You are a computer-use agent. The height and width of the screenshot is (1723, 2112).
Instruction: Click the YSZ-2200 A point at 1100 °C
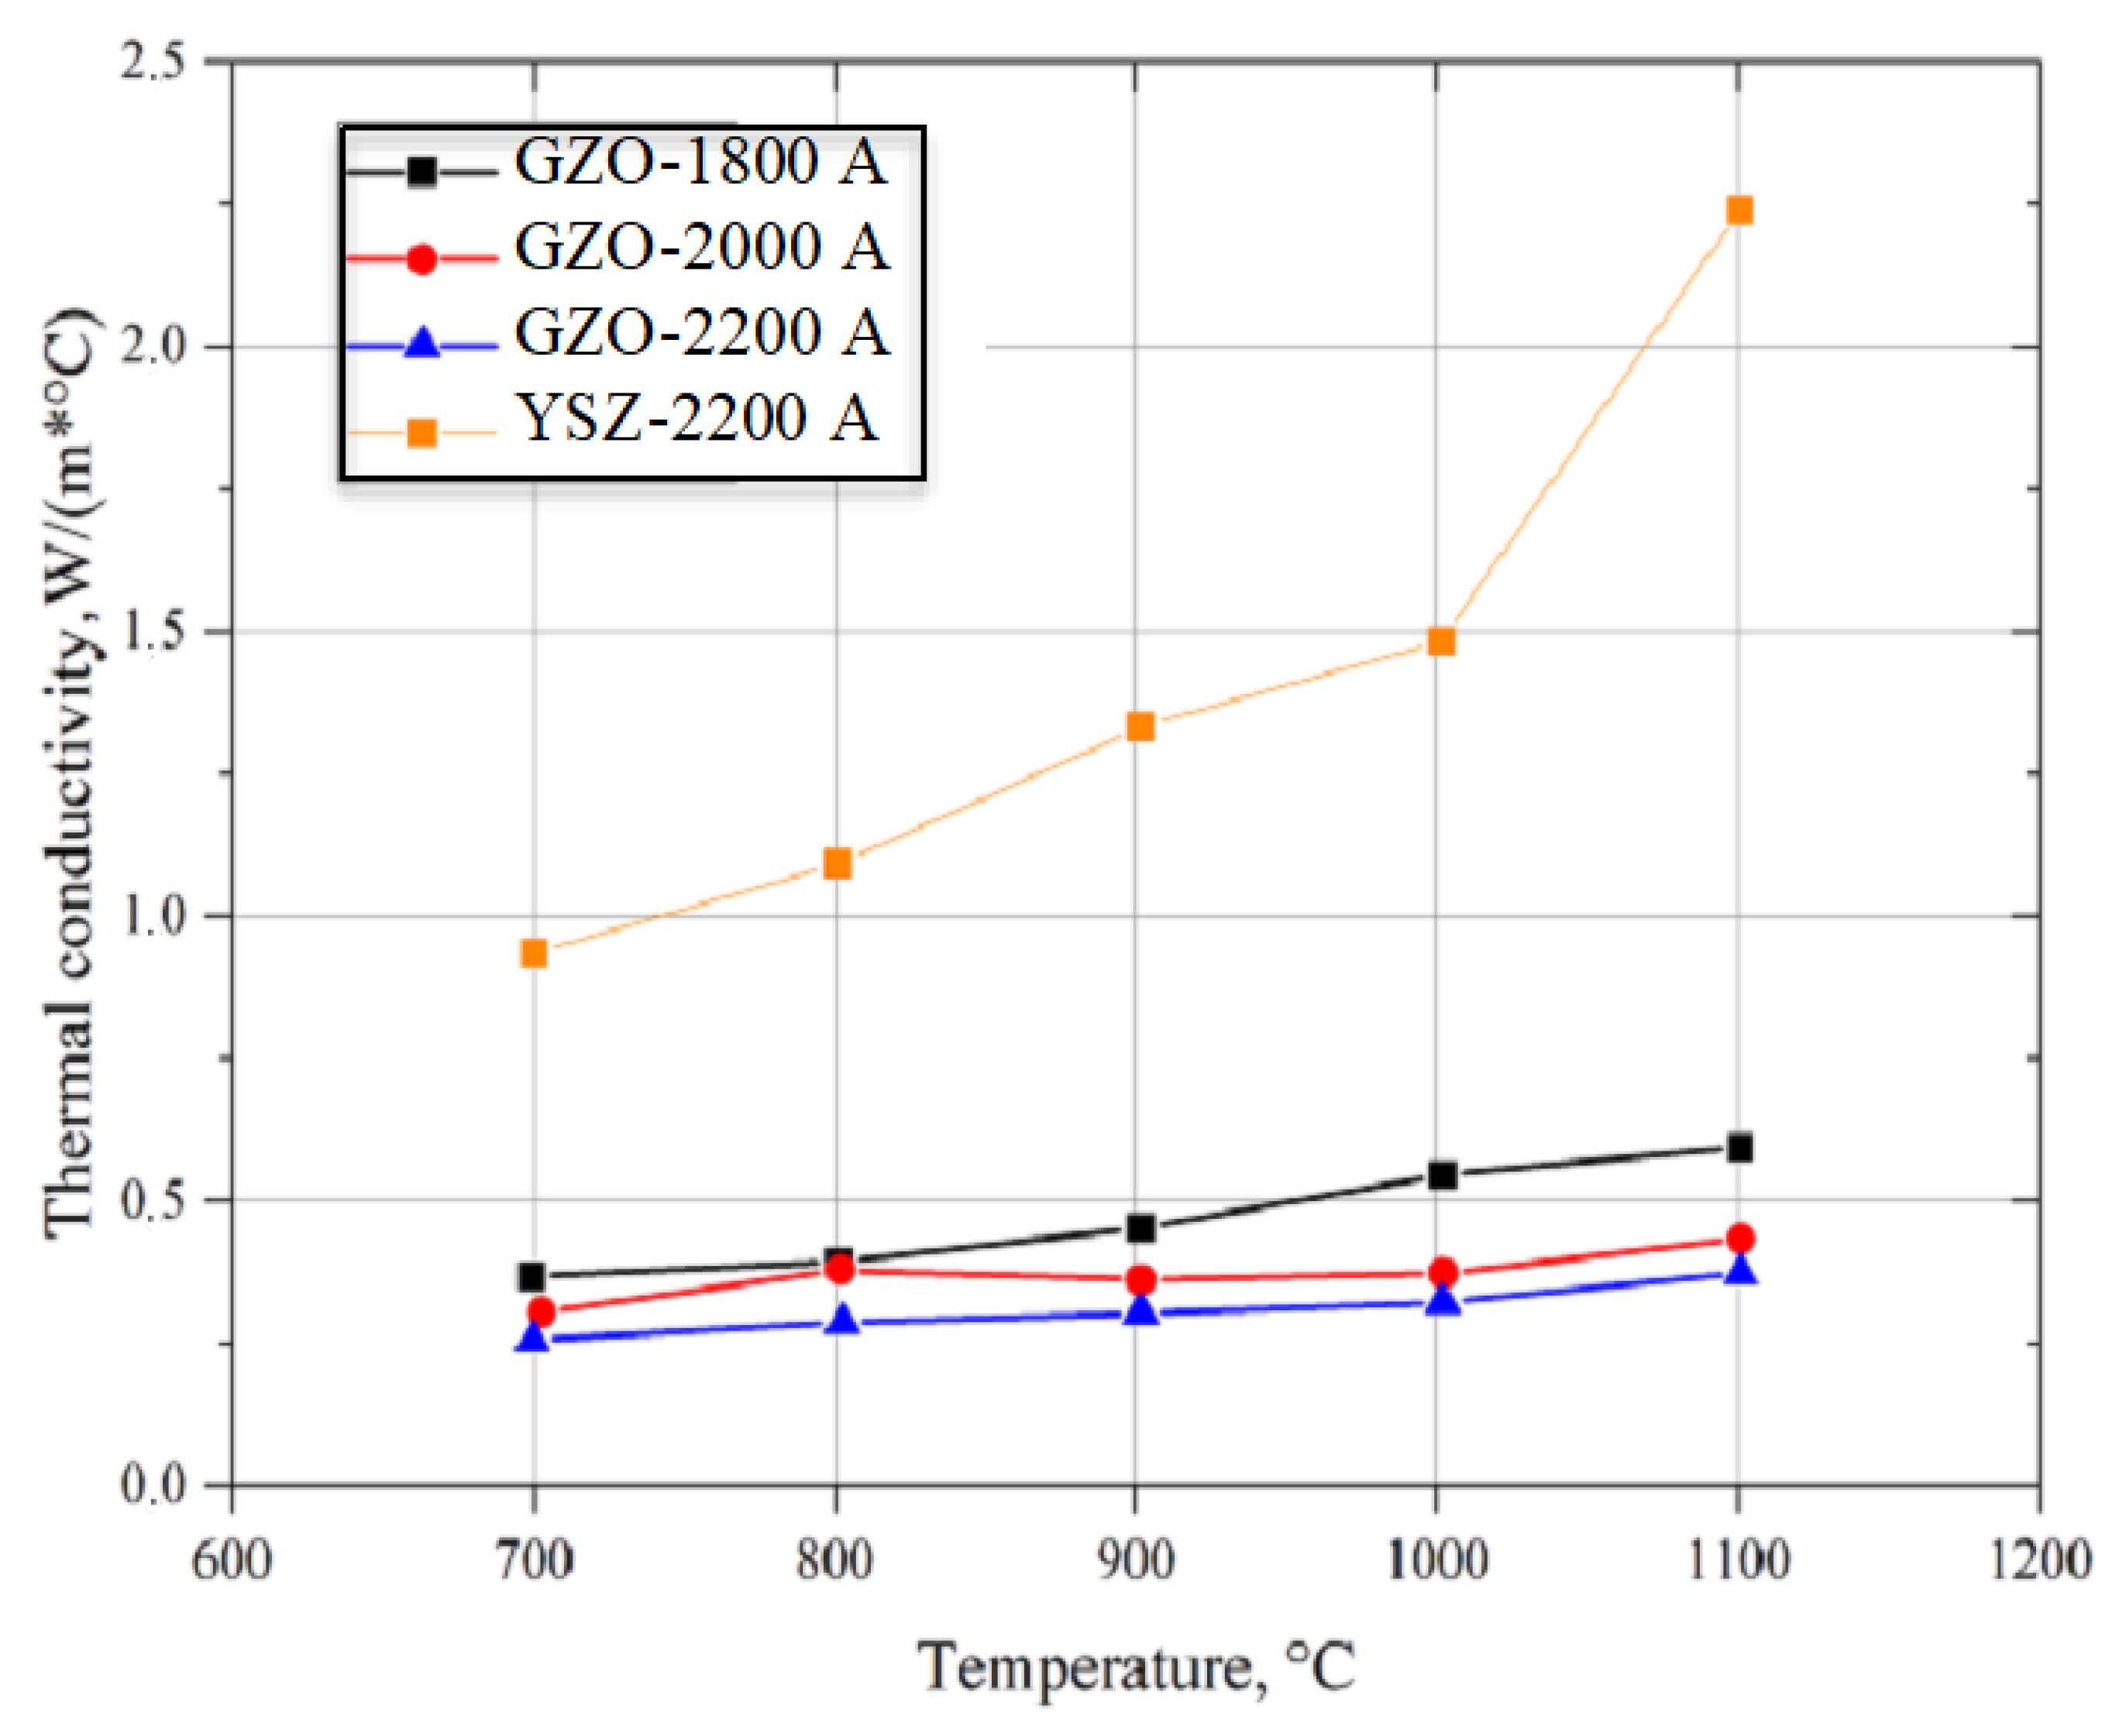pyautogui.click(x=1739, y=211)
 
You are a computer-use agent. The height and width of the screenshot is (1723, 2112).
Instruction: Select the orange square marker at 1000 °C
pyautogui.click(x=1441, y=641)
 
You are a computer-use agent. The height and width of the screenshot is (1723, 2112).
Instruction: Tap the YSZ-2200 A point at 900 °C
pyautogui.click(x=1140, y=726)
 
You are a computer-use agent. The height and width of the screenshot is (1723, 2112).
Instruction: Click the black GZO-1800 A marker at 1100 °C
pyautogui.click(x=1739, y=1148)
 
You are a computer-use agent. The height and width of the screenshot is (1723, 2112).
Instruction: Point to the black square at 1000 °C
pyautogui.click(x=1442, y=1176)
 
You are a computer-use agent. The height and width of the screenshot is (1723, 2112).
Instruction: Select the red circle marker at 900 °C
pyautogui.click(x=1141, y=1279)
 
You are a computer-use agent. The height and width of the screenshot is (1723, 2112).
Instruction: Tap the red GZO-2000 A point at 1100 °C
pyautogui.click(x=1739, y=1237)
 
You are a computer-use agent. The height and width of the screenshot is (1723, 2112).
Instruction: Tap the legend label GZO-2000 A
pyautogui.click(x=701, y=246)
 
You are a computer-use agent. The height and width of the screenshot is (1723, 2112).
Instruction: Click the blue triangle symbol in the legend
pyautogui.click(x=422, y=345)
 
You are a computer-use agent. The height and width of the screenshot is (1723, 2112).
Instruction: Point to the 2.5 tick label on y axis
pyautogui.click(x=154, y=61)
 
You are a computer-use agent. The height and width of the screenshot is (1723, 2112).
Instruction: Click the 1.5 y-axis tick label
pyautogui.click(x=154, y=631)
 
